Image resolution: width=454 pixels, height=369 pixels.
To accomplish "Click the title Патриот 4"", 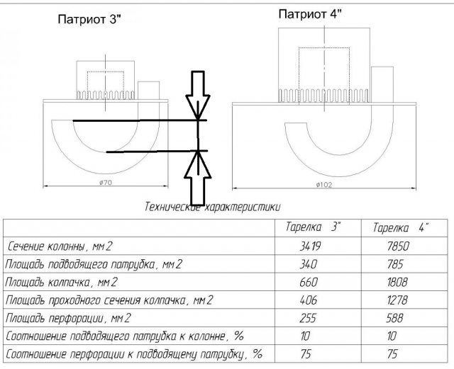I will tap(310, 14).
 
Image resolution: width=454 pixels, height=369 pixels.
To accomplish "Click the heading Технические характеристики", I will tap(212, 208).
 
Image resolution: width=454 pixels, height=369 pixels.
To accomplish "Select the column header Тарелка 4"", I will tap(402, 228).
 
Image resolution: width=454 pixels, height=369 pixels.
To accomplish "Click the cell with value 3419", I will tap(313, 247).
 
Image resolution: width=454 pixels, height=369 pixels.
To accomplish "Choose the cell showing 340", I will tap(313, 265).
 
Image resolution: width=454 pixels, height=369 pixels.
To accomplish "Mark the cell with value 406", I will tap(313, 300).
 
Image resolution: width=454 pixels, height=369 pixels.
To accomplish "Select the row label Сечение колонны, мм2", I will tap(61, 247).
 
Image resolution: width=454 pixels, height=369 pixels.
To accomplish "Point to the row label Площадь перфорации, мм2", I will tap(66, 318).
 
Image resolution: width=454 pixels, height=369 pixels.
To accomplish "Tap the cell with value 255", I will tap(313, 318).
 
